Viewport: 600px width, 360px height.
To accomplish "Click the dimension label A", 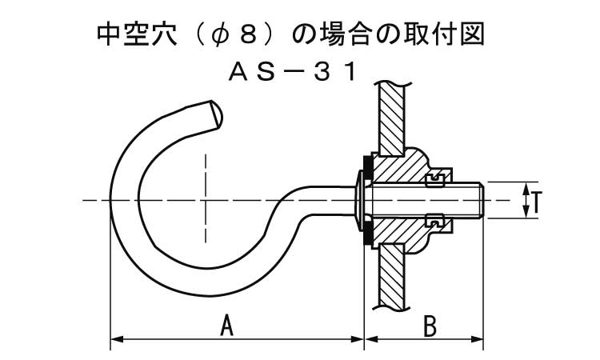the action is [227, 325].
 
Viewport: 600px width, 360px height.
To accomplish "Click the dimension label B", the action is [430, 326].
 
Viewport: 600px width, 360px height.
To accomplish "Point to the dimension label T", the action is [536, 202].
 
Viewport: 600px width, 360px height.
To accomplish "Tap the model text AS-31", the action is [292, 72].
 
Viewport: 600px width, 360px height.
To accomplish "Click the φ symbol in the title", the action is [220, 35].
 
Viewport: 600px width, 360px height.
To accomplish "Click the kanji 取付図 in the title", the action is [445, 34].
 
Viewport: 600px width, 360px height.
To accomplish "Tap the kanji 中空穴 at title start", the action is [136, 34].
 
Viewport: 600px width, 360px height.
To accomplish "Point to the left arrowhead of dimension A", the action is [116, 339].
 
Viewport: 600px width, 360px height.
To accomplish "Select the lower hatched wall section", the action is [391, 274].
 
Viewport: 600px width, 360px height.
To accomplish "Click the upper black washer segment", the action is [366, 167].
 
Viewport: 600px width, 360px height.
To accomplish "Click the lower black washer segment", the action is [366, 232].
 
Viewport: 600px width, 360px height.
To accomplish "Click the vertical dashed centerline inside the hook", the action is [206, 198].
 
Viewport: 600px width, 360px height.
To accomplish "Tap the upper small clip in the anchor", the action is [435, 179].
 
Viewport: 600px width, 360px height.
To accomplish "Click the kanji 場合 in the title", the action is [342, 34].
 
